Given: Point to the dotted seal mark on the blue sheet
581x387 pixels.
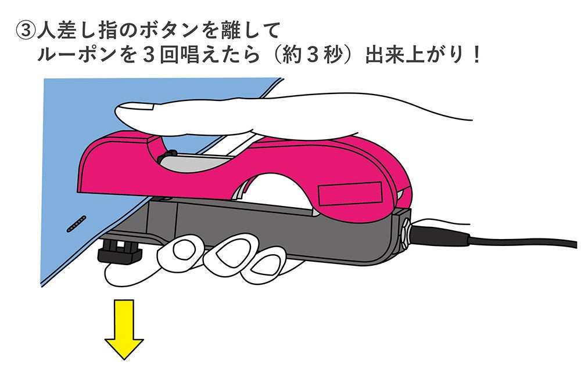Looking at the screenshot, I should click(76, 223).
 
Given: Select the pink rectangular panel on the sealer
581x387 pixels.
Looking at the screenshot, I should click(350, 194).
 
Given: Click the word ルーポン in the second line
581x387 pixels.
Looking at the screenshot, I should click(81, 57).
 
